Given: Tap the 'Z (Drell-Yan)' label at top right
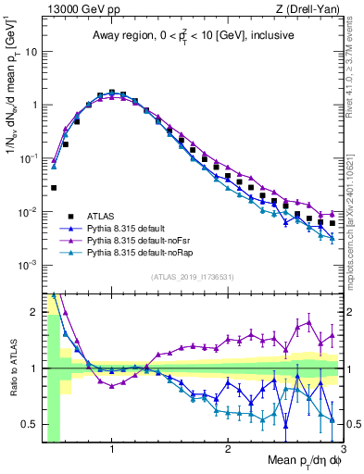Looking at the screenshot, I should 312,9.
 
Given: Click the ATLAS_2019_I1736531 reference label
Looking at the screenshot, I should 193,277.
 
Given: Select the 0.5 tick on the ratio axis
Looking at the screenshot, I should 31,425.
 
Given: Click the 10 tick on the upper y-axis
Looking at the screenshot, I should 31,51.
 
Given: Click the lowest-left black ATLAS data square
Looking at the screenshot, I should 54,188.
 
